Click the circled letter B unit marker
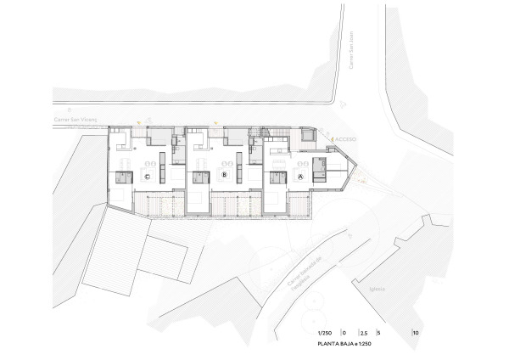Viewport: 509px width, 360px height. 223,176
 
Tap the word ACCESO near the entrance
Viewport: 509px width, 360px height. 346,138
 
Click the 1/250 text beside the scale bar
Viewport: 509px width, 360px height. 324,332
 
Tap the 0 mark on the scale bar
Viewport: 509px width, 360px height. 345,332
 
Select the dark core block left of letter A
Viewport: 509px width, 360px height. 277,177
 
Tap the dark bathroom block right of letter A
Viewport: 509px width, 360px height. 319,168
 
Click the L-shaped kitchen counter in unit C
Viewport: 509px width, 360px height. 120,138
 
